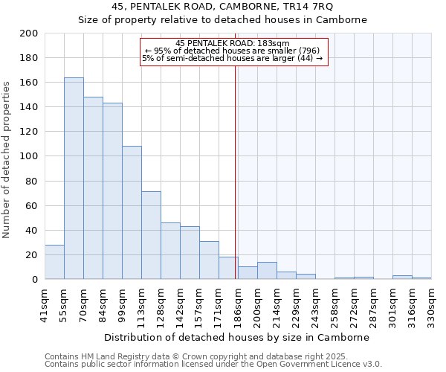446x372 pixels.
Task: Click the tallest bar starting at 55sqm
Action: pyautogui.click(x=74, y=179)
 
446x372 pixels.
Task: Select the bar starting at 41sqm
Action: pyautogui.click(x=54, y=262)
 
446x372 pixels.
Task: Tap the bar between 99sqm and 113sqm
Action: pyautogui.click(x=132, y=213)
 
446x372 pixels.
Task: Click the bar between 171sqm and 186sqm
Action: pyautogui.click(x=228, y=268)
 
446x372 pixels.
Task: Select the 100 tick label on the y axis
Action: pyautogui.click(x=30, y=156)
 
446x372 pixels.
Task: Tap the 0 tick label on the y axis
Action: pyautogui.click(x=35, y=280)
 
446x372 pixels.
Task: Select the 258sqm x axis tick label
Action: pyautogui.click(x=335, y=305)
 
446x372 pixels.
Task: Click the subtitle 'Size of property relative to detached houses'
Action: pyautogui.click(x=223, y=20)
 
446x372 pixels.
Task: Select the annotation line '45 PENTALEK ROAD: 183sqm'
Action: pyautogui.click(x=233, y=43)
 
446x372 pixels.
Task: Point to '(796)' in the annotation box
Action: pyautogui.click(x=309, y=51)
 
